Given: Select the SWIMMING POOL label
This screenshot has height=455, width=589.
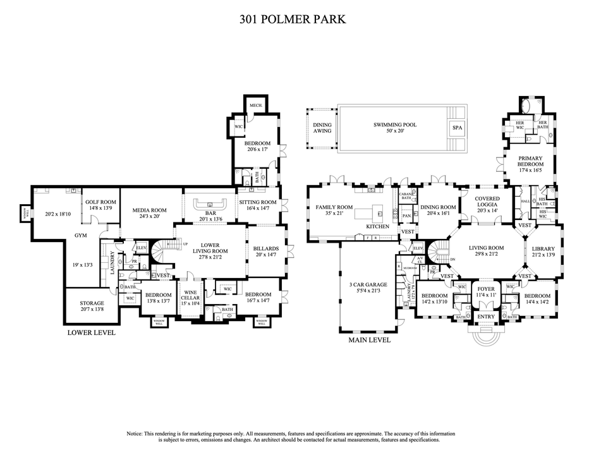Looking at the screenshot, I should [394, 125].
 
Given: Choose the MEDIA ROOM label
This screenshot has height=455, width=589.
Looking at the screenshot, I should [149, 210].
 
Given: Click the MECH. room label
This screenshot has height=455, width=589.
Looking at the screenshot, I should [255, 106].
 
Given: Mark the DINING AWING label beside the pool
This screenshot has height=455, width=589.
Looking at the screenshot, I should [322, 129].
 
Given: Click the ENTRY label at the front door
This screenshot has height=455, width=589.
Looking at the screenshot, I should [486, 317].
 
